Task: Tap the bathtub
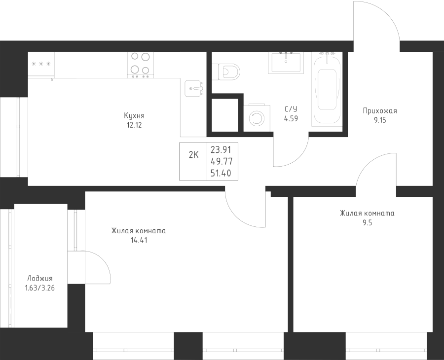coord(327,89)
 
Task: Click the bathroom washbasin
coord(286,62)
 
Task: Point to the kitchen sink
coord(194,88)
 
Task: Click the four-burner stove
coord(141,65)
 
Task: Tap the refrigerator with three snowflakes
coord(41,64)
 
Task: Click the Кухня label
coord(134,116)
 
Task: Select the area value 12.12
coord(134,125)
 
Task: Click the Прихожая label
coord(380,111)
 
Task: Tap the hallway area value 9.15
coord(380,120)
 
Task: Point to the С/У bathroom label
coord(291,109)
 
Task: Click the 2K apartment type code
coord(194,155)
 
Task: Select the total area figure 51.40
coord(221,173)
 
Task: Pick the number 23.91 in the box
coord(221,149)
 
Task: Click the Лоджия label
coord(40,279)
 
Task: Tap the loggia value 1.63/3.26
coord(40,288)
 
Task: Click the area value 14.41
coord(138,241)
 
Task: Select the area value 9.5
coord(367,223)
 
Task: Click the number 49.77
coord(222,161)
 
